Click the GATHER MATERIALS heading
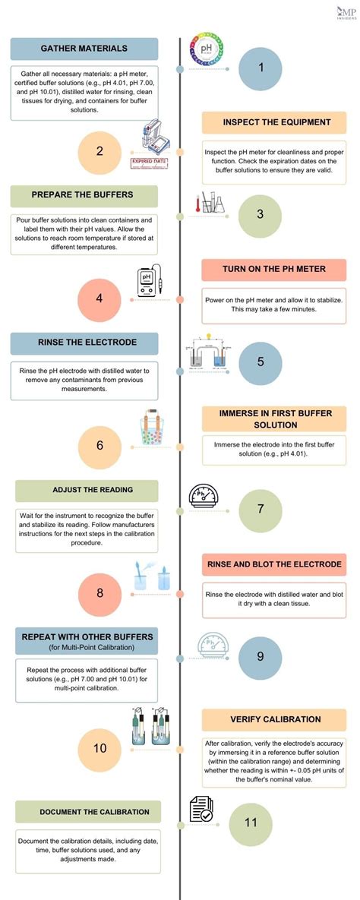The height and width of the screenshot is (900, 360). click(84, 49)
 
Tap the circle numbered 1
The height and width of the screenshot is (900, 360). click(260, 68)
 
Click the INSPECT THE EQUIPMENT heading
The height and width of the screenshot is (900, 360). click(276, 122)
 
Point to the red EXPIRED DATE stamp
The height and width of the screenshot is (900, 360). click(150, 163)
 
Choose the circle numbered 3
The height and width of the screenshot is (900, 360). click(260, 215)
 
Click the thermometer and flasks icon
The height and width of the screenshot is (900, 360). click(210, 203)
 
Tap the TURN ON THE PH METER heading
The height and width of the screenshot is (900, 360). click(274, 270)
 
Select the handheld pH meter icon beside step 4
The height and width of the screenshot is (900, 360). click(150, 282)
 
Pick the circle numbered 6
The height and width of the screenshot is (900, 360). click(99, 447)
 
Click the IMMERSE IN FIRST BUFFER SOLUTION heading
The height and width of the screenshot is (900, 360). click(274, 419)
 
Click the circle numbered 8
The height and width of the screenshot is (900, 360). click(99, 594)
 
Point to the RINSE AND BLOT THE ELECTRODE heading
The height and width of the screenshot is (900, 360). click(274, 564)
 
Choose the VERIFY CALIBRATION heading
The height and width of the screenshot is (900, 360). click(274, 720)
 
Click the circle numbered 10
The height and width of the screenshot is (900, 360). click(99, 748)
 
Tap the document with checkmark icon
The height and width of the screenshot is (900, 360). click(201, 810)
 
